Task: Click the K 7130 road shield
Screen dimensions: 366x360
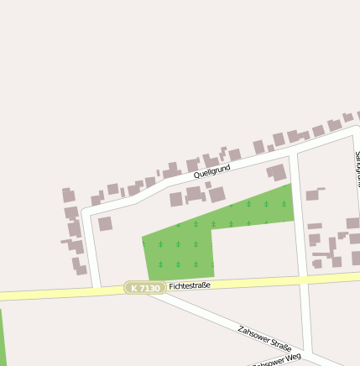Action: [x=144, y=288]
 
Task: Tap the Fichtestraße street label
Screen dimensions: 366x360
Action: [x=189, y=285]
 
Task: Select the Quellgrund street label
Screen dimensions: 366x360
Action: [x=211, y=173]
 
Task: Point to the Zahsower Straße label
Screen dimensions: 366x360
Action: [x=264, y=337]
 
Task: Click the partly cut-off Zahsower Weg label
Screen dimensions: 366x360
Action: [x=278, y=360]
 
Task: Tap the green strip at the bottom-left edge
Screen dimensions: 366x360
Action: [x=2, y=336]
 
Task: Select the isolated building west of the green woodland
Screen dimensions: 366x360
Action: [x=105, y=224]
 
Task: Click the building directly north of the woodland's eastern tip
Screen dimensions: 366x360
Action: [x=276, y=173]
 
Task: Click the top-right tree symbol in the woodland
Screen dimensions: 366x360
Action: [x=284, y=204]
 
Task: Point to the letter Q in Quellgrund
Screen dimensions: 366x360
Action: [x=196, y=176]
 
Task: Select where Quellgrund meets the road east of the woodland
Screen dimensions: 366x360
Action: [x=292, y=154]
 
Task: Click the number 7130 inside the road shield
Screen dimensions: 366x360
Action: [x=149, y=288]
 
